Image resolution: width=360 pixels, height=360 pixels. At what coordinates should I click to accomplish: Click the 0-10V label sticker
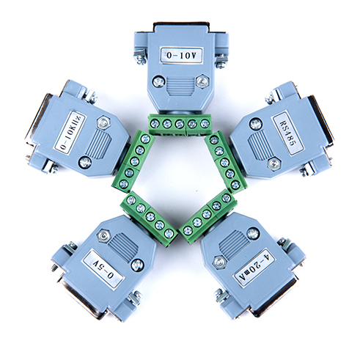(180, 54)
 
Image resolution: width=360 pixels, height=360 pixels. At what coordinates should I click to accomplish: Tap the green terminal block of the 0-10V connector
(180, 124)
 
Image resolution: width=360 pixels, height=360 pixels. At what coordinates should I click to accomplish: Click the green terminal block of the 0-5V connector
(148, 216)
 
